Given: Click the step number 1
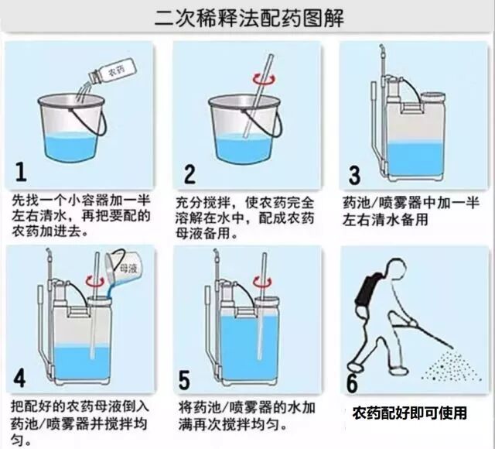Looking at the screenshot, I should (22, 171).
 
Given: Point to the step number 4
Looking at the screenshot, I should (20, 377).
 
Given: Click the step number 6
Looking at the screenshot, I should (352, 382).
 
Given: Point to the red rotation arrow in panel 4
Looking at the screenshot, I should (96, 283).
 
